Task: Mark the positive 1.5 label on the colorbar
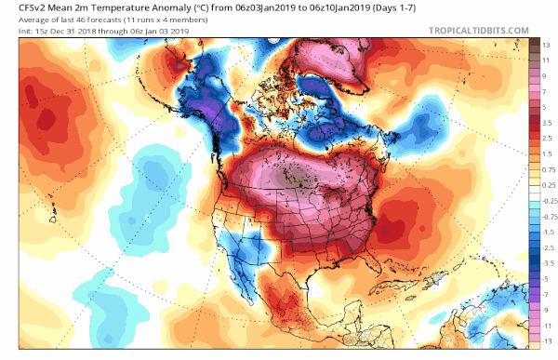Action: pos(548,153)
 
